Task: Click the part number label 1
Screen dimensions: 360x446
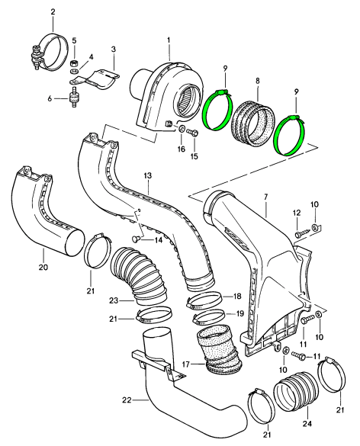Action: point(169,40)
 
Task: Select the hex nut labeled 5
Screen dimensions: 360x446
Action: point(74,63)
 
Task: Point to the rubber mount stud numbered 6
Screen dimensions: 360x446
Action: point(74,98)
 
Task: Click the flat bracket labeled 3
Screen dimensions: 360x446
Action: point(95,79)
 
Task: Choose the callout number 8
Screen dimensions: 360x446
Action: point(258,81)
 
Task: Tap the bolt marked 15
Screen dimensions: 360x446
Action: point(194,133)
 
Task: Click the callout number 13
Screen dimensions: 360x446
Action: point(148,175)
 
